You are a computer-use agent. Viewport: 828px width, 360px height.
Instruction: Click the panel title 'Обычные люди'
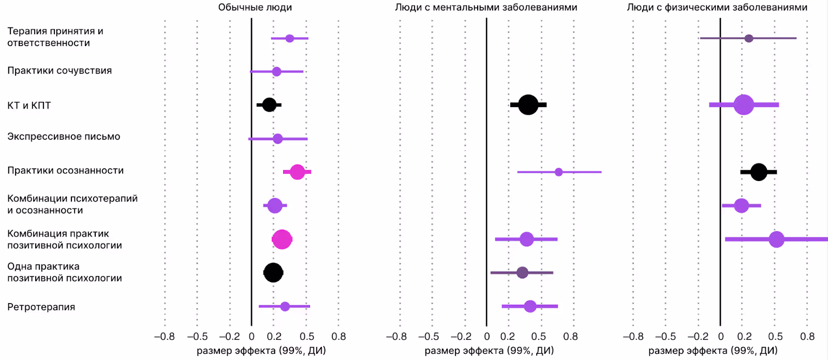click(255, 7)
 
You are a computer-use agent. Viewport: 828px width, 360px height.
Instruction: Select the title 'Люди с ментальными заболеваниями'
click(486, 7)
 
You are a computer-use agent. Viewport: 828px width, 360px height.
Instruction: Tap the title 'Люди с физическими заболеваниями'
click(717, 7)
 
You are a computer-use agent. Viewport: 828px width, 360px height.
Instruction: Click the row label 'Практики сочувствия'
click(60, 71)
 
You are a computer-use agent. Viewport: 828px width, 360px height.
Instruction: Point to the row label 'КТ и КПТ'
click(29, 106)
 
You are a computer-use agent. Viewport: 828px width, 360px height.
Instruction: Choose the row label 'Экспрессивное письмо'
click(64, 137)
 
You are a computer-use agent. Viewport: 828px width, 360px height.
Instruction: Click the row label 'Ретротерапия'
click(41, 307)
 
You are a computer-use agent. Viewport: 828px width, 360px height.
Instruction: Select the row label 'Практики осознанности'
click(65, 171)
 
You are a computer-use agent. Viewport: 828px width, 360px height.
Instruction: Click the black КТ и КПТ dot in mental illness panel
click(528, 105)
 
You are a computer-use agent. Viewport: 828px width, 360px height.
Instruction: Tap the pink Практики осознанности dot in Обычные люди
click(297, 172)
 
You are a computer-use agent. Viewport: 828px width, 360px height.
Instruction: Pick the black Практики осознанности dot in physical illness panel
click(758, 172)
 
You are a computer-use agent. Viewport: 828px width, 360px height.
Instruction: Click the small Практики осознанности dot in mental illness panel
click(558, 172)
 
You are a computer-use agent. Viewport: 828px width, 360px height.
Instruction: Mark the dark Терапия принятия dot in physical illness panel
click(748, 38)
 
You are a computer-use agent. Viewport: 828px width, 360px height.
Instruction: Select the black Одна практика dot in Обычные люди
click(273, 273)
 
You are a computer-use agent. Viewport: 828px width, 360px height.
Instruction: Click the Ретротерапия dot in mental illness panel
click(530, 306)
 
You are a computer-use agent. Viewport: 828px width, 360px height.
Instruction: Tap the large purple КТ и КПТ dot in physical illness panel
click(744, 105)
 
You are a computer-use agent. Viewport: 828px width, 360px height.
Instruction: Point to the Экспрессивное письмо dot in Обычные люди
click(277, 139)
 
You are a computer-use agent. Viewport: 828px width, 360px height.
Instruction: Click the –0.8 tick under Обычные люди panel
click(165, 337)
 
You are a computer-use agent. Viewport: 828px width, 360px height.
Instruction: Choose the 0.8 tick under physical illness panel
click(807, 337)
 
